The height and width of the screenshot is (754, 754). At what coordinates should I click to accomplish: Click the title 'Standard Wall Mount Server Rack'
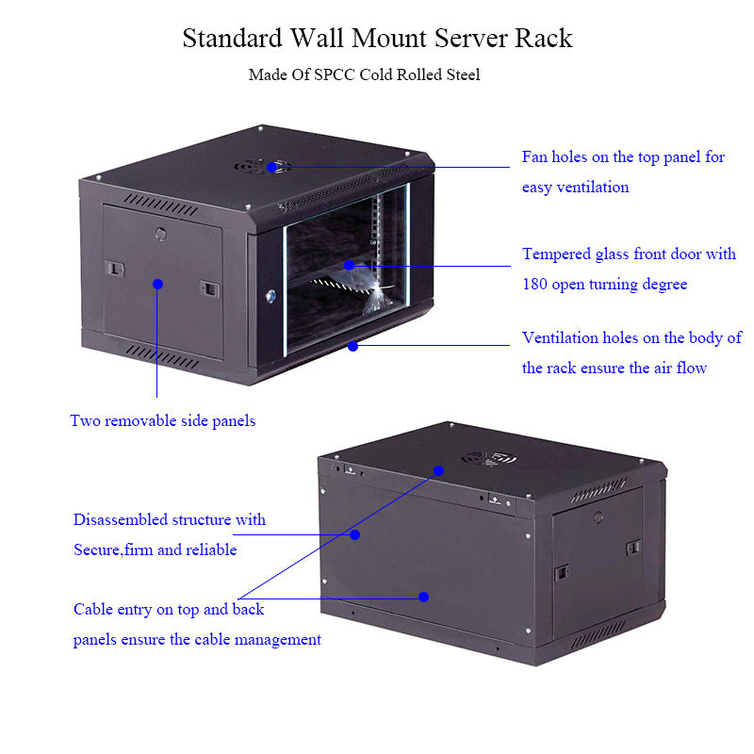377,39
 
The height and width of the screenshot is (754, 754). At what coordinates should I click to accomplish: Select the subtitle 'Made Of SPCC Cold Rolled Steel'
364,74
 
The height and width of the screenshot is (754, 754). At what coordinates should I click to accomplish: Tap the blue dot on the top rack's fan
271,167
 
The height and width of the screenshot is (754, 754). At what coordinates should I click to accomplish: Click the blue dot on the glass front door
349,266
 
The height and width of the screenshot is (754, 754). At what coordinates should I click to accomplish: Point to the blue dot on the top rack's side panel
157,283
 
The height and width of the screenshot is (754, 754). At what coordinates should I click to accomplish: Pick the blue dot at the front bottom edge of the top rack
352,346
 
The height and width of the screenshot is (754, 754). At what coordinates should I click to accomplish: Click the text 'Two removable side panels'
162,420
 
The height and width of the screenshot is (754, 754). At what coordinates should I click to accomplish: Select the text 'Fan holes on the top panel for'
623,156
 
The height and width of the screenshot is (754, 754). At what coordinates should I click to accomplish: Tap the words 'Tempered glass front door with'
629,254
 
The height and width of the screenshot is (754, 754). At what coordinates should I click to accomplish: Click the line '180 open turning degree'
604,284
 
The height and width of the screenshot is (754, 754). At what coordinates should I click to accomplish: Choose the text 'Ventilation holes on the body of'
631,337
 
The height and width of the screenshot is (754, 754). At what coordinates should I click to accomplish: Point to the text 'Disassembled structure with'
170,519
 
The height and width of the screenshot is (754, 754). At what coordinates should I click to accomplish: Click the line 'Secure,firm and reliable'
156,549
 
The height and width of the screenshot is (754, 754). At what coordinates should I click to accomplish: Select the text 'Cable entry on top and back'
169,609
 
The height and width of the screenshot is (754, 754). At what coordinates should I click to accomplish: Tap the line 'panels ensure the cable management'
197,639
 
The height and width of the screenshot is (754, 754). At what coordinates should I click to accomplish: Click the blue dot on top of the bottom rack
438,468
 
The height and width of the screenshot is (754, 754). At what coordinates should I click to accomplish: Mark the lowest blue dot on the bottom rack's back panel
424,597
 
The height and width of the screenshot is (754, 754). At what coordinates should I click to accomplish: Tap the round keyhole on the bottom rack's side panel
598,516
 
